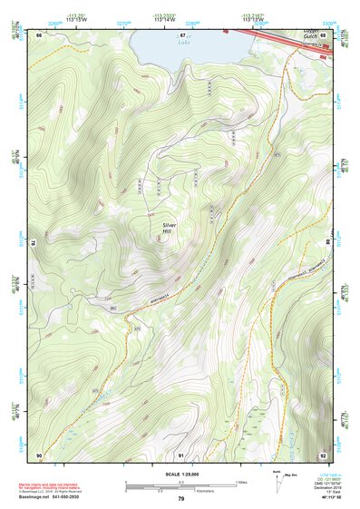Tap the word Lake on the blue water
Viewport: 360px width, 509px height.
pyautogui.click(x=185, y=43)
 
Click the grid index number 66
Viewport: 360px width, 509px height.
pyautogui.click(x=39, y=34)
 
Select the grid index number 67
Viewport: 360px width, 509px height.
pyautogui.click(x=180, y=34)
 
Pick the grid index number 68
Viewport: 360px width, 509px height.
pyautogui.click(x=323, y=34)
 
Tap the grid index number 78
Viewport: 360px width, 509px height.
pyautogui.click(x=34, y=242)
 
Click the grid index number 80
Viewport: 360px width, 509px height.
pyautogui.click(x=328, y=242)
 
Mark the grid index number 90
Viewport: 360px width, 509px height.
pyautogui.click(x=39, y=454)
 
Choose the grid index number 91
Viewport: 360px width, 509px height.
pyautogui.click(x=180, y=454)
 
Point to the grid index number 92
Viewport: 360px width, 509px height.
pyautogui.click(x=323, y=454)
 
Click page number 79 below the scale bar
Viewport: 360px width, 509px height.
pyautogui.click(x=180, y=498)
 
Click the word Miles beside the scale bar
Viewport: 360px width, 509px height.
pyautogui.click(x=241, y=481)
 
